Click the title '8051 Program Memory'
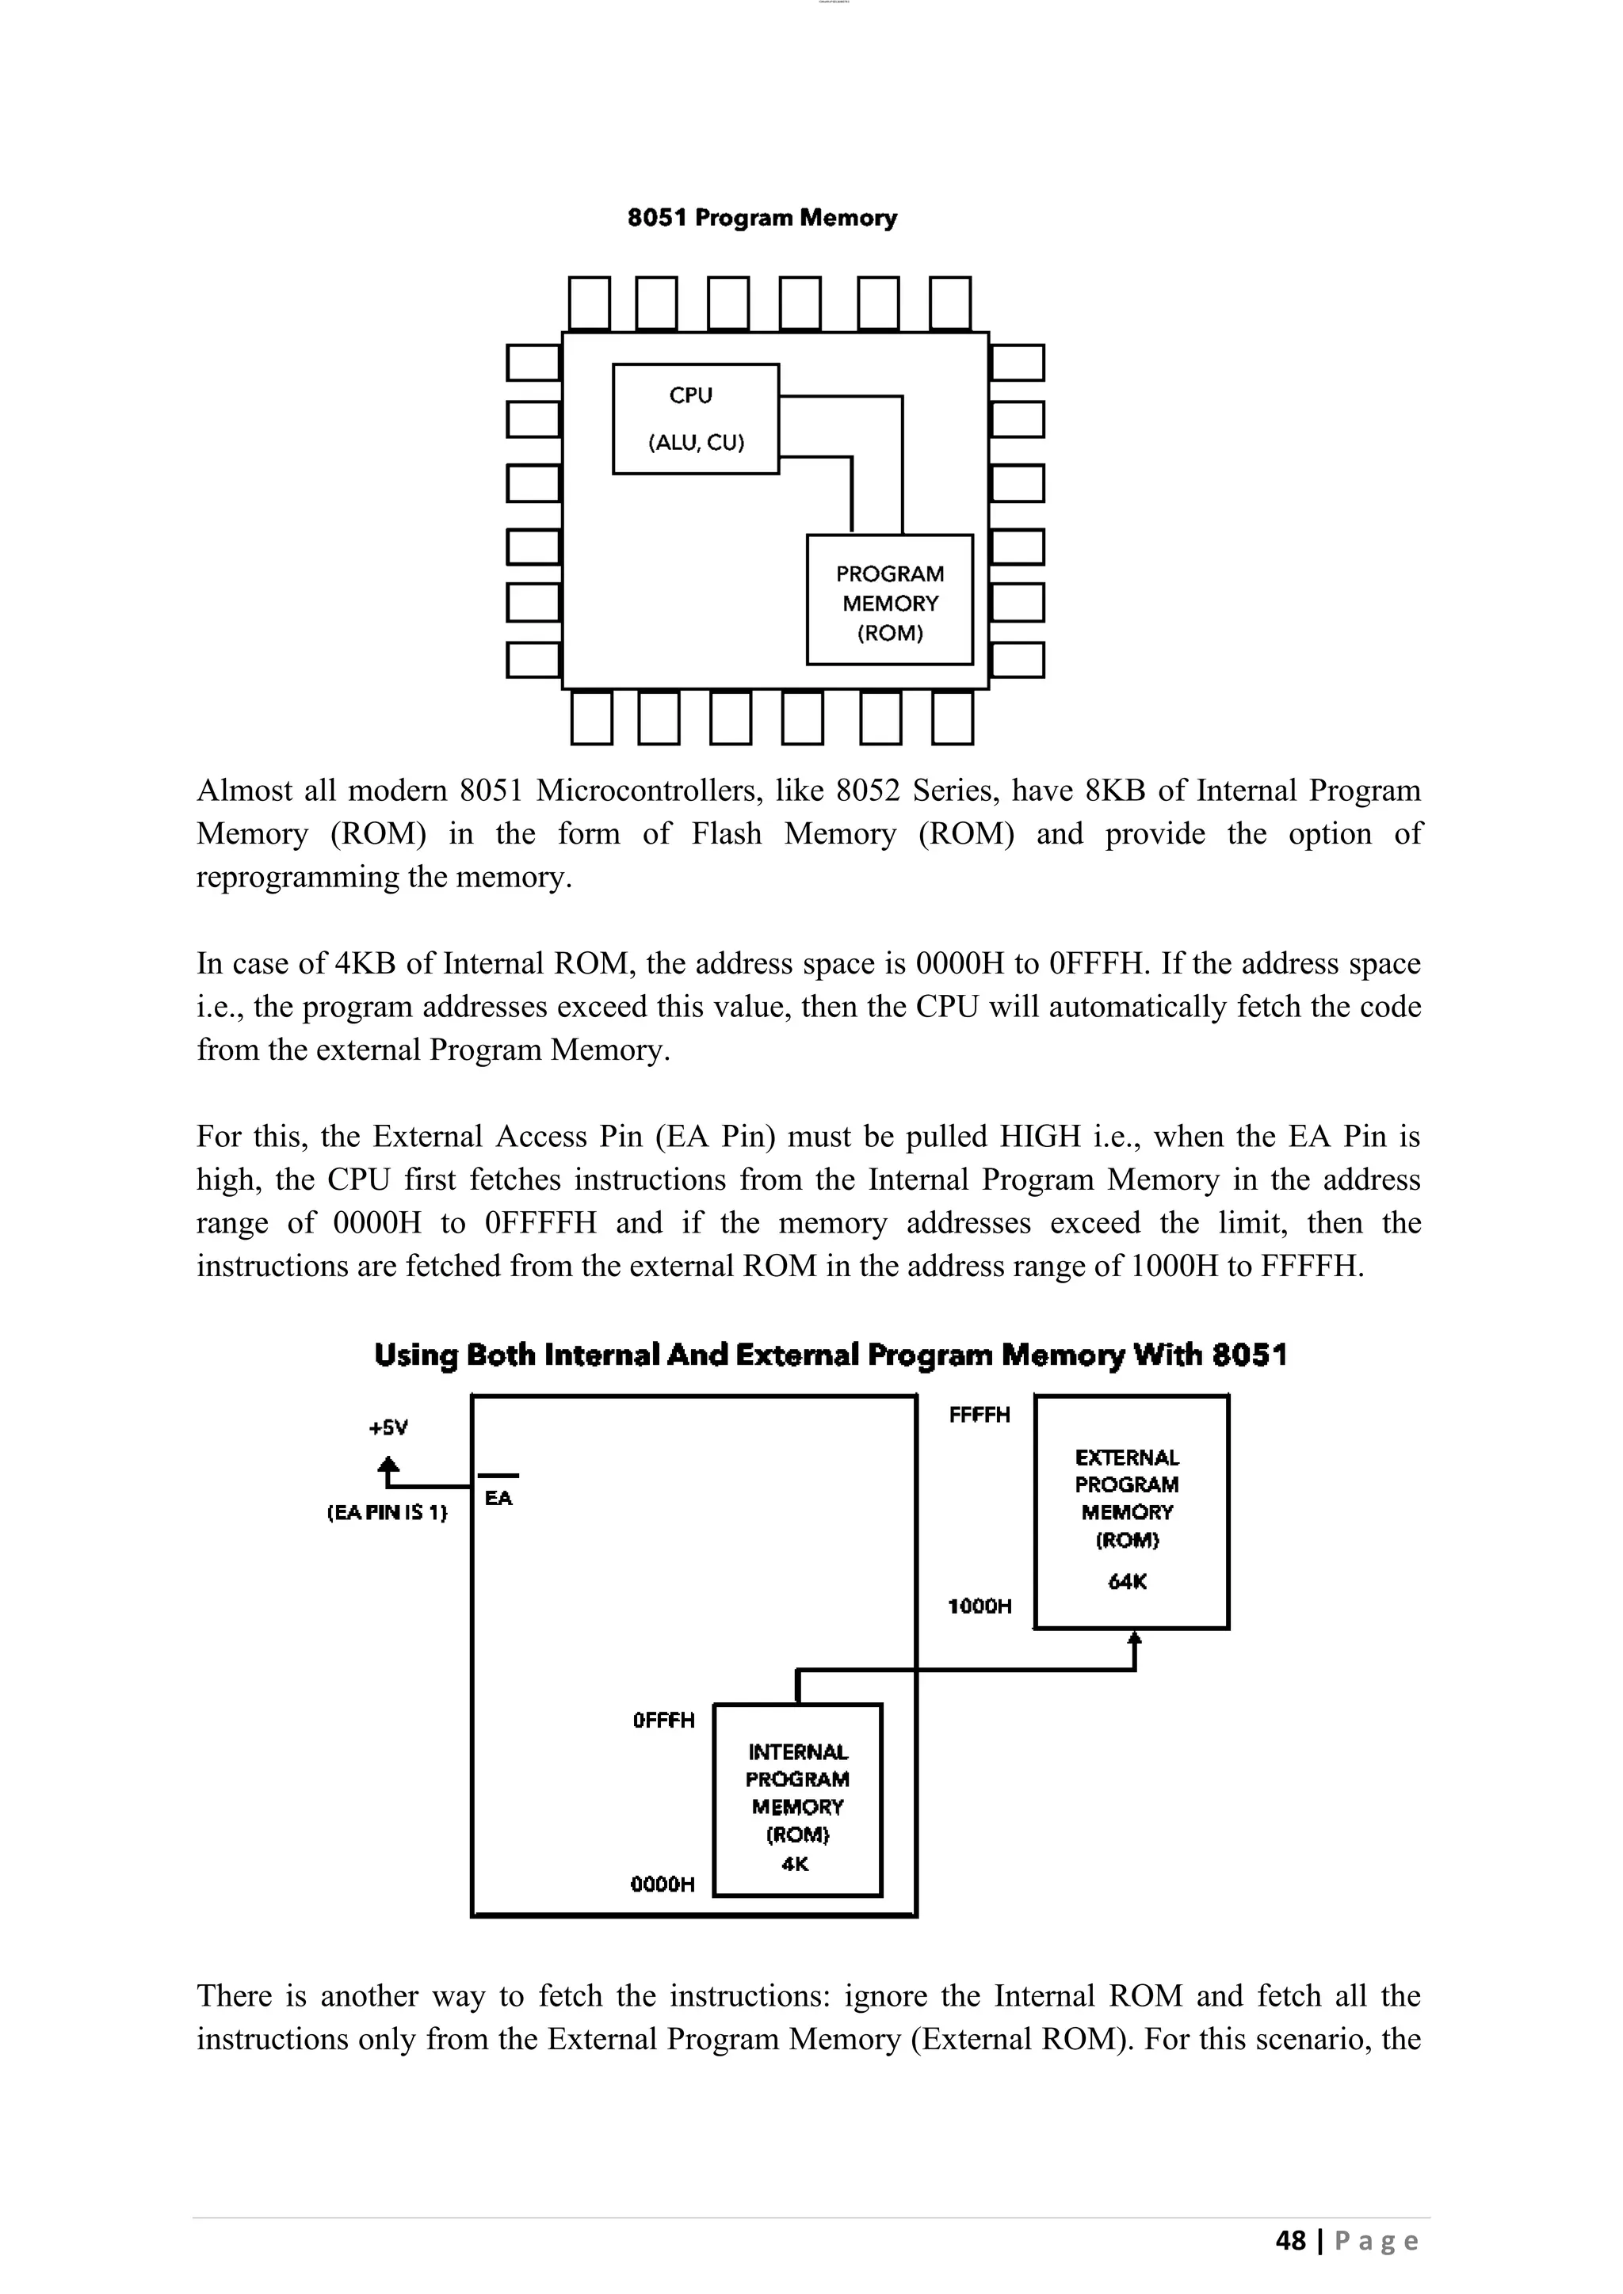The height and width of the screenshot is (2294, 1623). [x=762, y=218]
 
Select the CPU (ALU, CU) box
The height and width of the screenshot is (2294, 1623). [x=696, y=418]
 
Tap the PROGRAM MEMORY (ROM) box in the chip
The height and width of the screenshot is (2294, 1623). [x=889, y=600]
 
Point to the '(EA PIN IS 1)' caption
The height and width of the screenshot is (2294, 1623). [x=388, y=1513]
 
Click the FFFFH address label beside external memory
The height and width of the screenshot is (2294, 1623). [x=980, y=1415]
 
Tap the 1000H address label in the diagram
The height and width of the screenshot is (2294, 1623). [x=980, y=1606]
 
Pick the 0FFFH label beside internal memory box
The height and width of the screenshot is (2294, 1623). [x=663, y=1720]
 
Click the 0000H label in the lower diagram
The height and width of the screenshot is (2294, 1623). [x=663, y=1884]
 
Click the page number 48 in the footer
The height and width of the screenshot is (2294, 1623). [x=1290, y=2241]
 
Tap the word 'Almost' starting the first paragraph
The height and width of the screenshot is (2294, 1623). [x=244, y=791]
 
